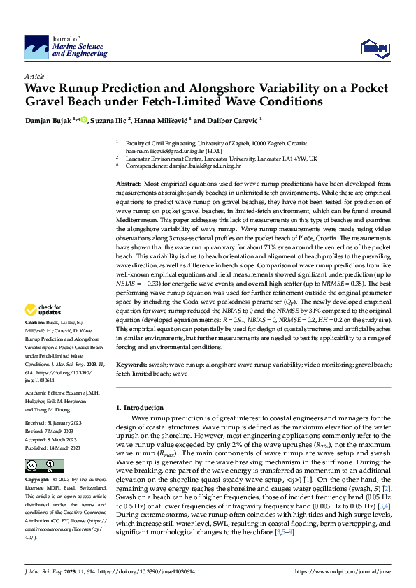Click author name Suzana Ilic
tap(109, 120)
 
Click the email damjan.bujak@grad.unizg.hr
tap(206, 167)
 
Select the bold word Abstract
tap(130, 183)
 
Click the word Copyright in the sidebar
tap(36, 480)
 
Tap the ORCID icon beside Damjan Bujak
tap(84, 120)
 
